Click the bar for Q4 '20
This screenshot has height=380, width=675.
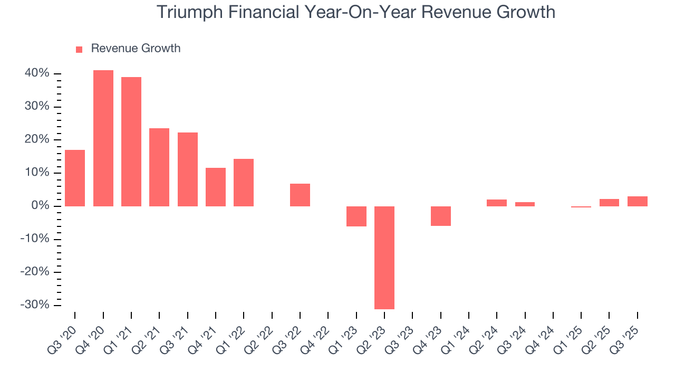tap(103, 138)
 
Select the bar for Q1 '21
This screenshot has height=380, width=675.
tap(131, 141)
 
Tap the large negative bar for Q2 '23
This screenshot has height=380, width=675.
tap(384, 257)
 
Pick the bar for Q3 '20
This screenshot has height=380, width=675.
tap(75, 178)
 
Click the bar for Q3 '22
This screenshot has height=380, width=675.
tap(300, 195)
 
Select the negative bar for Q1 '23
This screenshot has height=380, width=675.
tap(356, 216)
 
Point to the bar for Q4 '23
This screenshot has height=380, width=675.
tap(441, 216)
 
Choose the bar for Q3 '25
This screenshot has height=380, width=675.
tap(638, 201)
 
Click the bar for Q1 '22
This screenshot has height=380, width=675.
tap(244, 182)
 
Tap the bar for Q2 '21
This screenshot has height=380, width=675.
tap(159, 167)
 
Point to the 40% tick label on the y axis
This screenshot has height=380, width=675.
tap(37, 73)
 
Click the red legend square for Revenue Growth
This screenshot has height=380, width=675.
tap(79, 50)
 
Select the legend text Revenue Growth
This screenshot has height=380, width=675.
tap(136, 49)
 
